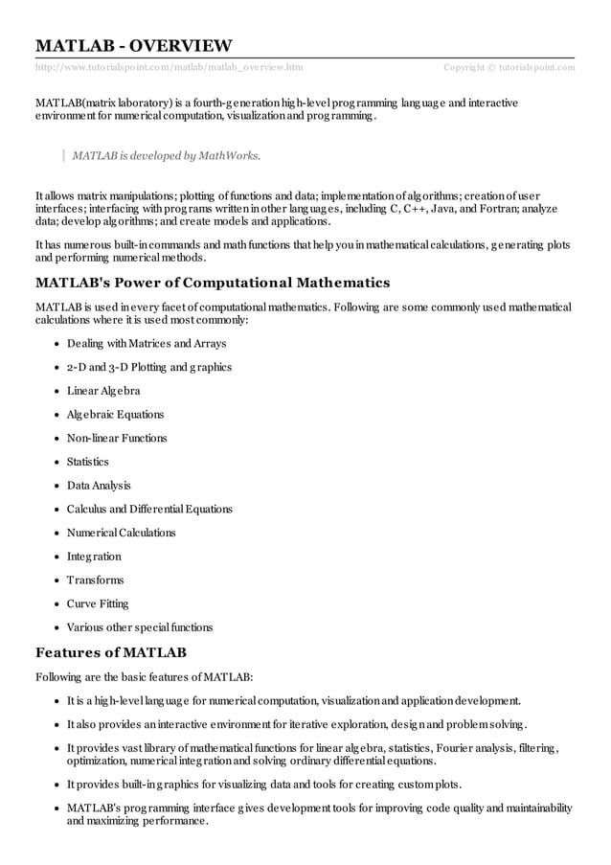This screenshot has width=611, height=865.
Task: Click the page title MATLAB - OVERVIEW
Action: [133, 45]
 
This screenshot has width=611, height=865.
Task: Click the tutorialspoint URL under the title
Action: [169, 66]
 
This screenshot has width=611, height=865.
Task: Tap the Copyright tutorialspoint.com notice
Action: [509, 66]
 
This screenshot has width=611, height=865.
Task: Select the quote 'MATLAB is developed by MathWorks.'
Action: [166, 155]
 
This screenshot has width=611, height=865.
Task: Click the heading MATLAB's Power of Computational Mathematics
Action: [213, 283]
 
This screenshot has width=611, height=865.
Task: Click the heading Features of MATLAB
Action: [110, 653]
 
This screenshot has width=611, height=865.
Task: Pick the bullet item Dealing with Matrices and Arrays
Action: [147, 344]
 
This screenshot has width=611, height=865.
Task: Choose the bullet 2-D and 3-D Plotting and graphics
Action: [149, 367]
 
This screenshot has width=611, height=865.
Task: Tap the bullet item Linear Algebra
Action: [103, 391]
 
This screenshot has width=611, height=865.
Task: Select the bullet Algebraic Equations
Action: [115, 415]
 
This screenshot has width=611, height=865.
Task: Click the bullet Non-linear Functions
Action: [117, 438]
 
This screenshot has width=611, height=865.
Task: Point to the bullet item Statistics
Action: [88, 462]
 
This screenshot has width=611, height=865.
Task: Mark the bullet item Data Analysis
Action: [99, 486]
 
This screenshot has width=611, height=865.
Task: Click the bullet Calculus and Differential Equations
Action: [149, 509]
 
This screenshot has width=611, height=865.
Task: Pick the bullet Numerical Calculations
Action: [122, 533]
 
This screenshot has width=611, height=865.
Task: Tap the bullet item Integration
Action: [94, 557]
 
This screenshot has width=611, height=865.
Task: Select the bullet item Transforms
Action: [95, 580]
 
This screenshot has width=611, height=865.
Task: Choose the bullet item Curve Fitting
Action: [98, 603]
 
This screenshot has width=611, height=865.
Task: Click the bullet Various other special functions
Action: [140, 627]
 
